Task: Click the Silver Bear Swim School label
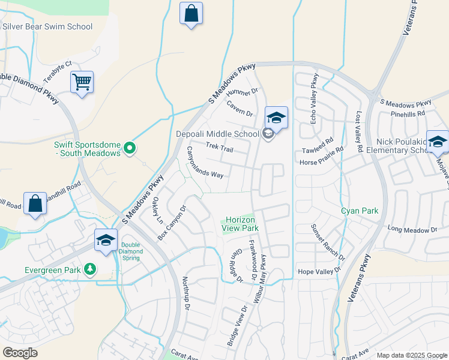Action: (x=47, y=26)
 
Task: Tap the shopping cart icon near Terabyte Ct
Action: (x=82, y=82)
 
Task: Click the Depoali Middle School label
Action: (x=218, y=134)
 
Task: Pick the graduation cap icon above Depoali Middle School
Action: (x=276, y=117)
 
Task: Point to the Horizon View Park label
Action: (x=242, y=224)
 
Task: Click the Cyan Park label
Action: (x=360, y=211)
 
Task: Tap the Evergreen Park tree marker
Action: (x=90, y=268)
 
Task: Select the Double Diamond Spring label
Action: (x=130, y=250)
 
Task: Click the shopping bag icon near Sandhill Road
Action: (x=35, y=203)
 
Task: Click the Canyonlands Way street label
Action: (x=205, y=163)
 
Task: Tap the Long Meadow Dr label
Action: (x=412, y=229)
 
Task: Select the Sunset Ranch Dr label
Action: (x=328, y=242)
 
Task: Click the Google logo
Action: (x=20, y=353)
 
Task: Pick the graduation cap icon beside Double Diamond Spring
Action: (x=106, y=241)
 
